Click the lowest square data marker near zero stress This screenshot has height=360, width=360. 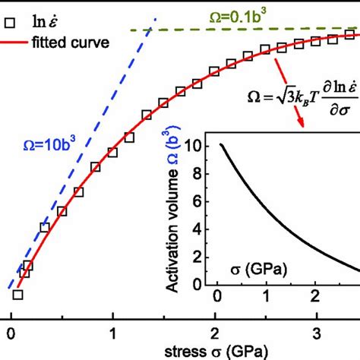click(17, 294)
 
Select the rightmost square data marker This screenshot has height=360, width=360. click(350, 33)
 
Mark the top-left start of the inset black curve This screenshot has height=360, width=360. click(221, 144)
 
